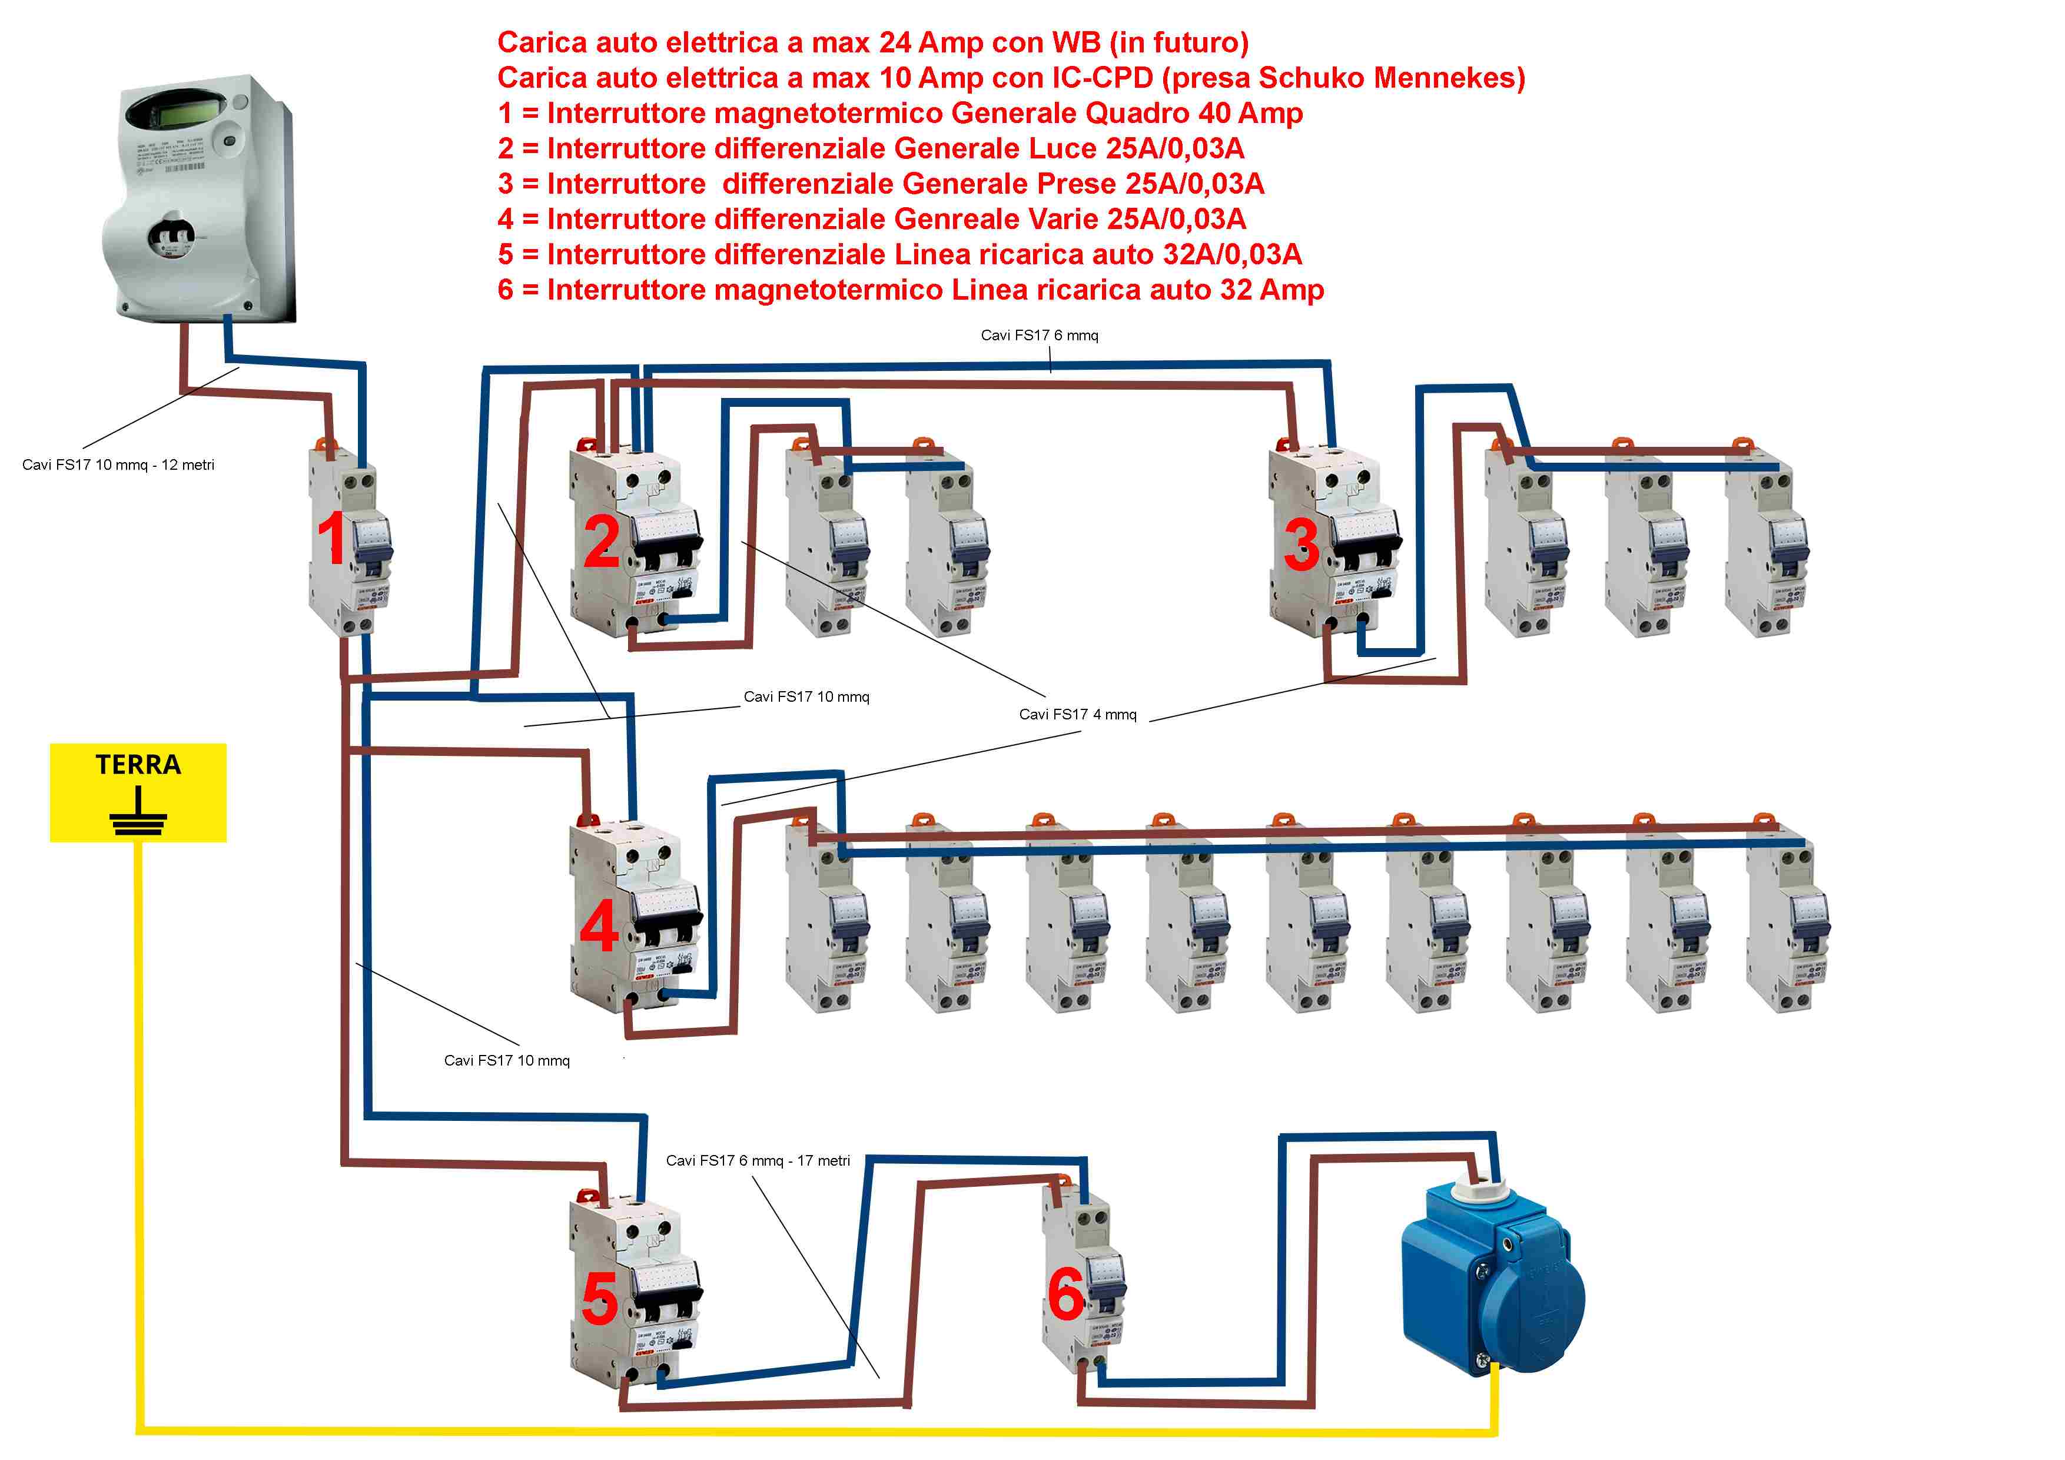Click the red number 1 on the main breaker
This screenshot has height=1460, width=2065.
pos(332,538)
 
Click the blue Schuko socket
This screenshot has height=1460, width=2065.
pos(1493,1277)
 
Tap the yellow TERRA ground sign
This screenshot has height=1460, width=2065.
pos(138,792)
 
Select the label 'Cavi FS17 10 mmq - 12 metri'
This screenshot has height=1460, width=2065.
pos(118,465)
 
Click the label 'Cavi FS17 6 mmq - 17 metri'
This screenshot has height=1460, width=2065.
pos(757,1160)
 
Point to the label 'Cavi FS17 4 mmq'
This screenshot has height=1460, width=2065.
pos(1077,714)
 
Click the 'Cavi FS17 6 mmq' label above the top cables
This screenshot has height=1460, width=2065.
pos(1039,336)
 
